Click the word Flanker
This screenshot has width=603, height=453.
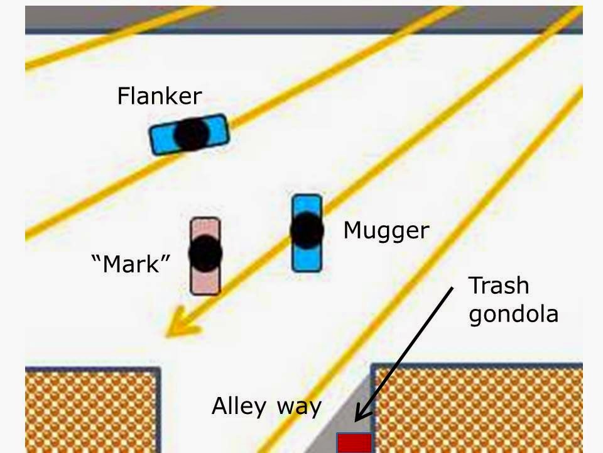(160, 96)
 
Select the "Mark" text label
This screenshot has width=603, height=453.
(131, 264)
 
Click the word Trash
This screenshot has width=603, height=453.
(499, 286)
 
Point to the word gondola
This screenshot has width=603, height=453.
(513, 313)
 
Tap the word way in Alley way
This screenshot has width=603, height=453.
(300, 406)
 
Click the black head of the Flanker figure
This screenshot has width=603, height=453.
(191, 133)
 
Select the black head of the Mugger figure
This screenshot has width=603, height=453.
(307, 230)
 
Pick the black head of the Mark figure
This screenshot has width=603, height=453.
(205, 253)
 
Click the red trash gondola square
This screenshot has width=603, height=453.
(354, 443)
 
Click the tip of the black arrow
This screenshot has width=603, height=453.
(356, 420)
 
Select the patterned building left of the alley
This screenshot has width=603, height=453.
(91, 412)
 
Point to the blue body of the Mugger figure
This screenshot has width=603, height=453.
(307, 259)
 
